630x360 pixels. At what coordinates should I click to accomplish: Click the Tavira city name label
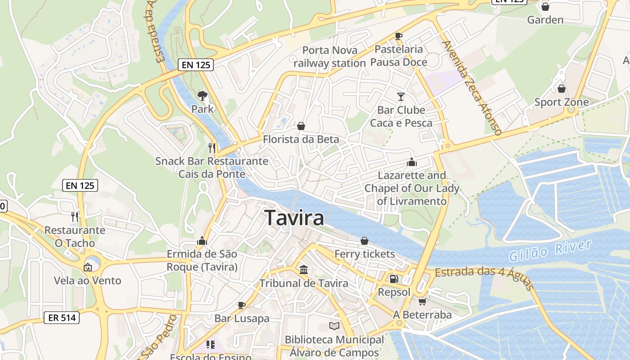click(x=294, y=218)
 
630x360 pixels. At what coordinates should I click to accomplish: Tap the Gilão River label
click(x=550, y=251)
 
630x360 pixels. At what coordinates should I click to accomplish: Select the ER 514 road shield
click(x=62, y=318)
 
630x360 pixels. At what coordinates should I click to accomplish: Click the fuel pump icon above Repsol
click(x=394, y=279)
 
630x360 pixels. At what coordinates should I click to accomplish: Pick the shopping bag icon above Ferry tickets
click(x=364, y=241)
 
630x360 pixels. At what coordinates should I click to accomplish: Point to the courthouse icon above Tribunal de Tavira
click(x=304, y=270)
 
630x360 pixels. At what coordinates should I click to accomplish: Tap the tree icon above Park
click(x=202, y=95)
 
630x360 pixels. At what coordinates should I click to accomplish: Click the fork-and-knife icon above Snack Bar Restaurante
click(x=212, y=148)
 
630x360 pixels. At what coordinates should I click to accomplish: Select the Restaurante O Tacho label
click(x=75, y=237)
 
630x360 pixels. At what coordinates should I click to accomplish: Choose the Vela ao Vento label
click(x=88, y=281)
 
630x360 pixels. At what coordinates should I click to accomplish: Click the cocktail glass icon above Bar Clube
click(x=401, y=96)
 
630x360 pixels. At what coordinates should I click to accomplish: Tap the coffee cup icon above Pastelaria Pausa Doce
click(x=398, y=36)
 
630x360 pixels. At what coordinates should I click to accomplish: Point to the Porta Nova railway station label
click(x=330, y=57)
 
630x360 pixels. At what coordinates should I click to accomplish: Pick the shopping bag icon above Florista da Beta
click(x=301, y=126)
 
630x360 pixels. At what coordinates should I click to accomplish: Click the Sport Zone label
click(x=561, y=102)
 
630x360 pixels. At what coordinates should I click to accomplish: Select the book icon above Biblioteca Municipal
click(x=334, y=326)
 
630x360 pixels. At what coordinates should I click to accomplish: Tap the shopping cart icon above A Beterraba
click(x=422, y=301)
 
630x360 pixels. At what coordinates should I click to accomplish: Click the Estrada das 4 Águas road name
click(x=484, y=277)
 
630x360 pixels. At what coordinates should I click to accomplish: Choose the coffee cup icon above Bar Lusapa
click(x=242, y=305)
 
